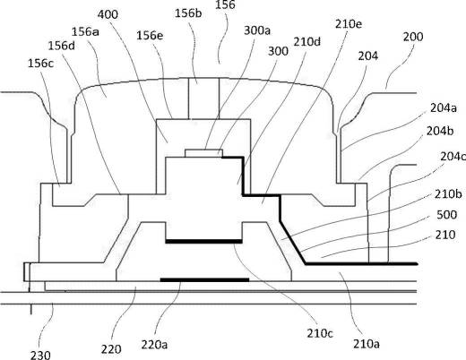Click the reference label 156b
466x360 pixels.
coord(188,13)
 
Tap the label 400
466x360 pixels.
coord(108,14)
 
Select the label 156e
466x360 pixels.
coord(150,36)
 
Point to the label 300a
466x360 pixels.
coord(257,30)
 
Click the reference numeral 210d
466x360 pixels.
coord(307,42)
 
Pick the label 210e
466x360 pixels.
coord(349,24)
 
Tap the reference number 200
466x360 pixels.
coord(413,37)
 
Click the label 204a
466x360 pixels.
coord(444,107)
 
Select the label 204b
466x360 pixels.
coord(440,131)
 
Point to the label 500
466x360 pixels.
coord(447,215)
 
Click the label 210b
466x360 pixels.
coord(448,194)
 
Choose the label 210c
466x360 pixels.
coord(321,333)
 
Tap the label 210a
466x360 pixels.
coord(367,344)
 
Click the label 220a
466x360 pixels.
coord(154,345)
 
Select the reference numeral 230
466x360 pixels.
coord(40,356)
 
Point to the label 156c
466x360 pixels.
coord(41,64)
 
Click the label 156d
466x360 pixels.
coord(62,46)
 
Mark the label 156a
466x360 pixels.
coord(85,31)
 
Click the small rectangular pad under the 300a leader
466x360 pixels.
coord(203,153)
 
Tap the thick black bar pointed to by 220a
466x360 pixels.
coord(205,279)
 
